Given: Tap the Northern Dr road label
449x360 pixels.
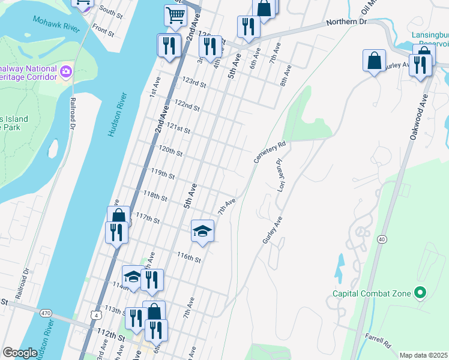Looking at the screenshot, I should click(346, 22).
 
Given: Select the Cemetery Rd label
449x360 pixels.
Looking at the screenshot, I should click(272, 145).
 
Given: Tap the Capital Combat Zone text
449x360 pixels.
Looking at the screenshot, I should click(372, 293).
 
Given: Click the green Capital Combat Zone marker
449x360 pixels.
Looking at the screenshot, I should click(420, 293).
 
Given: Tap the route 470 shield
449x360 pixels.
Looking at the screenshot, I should click(46, 313).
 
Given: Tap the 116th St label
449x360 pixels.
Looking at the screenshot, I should click(188, 257).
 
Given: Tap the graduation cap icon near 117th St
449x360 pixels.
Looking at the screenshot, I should click(202, 230).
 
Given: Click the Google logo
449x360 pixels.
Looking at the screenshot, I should click(20, 353).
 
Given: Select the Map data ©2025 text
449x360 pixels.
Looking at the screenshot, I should click(423, 355).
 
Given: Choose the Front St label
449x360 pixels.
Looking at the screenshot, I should click(103, 31).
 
